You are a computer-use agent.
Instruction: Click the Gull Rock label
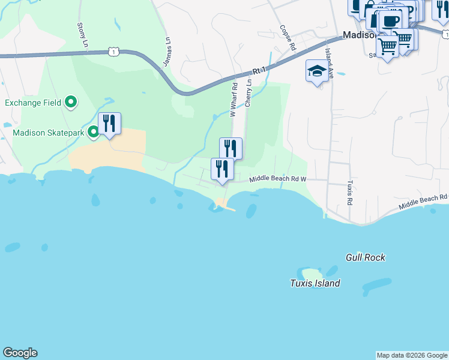pyautogui.click(x=365, y=257)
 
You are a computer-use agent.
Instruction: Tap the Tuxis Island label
pyautogui.click(x=315, y=283)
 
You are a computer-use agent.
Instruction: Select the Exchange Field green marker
pyautogui.click(x=71, y=103)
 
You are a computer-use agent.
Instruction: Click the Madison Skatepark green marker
pyautogui.click(x=93, y=132)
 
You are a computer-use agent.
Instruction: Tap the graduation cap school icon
pyautogui.click(x=316, y=72)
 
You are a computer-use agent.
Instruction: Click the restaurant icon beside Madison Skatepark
pyautogui.click(x=109, y=124)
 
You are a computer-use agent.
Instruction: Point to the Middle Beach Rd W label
pyautogui.click(x=278, y=179)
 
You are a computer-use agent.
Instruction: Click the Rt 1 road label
pyautogui.click(x=259, y=71)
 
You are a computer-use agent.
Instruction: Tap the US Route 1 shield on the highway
pyautogui.click(x=112, y=52)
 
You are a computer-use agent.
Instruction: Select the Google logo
pyautogui.click(x=20, y=353)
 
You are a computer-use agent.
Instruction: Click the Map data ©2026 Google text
pyautogui.click(x=412, y=355)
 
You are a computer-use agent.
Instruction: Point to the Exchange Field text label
pyautogui.click(x=33, y=103)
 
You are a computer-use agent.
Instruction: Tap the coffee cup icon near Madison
pyautogui.click(x=390, y=21)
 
